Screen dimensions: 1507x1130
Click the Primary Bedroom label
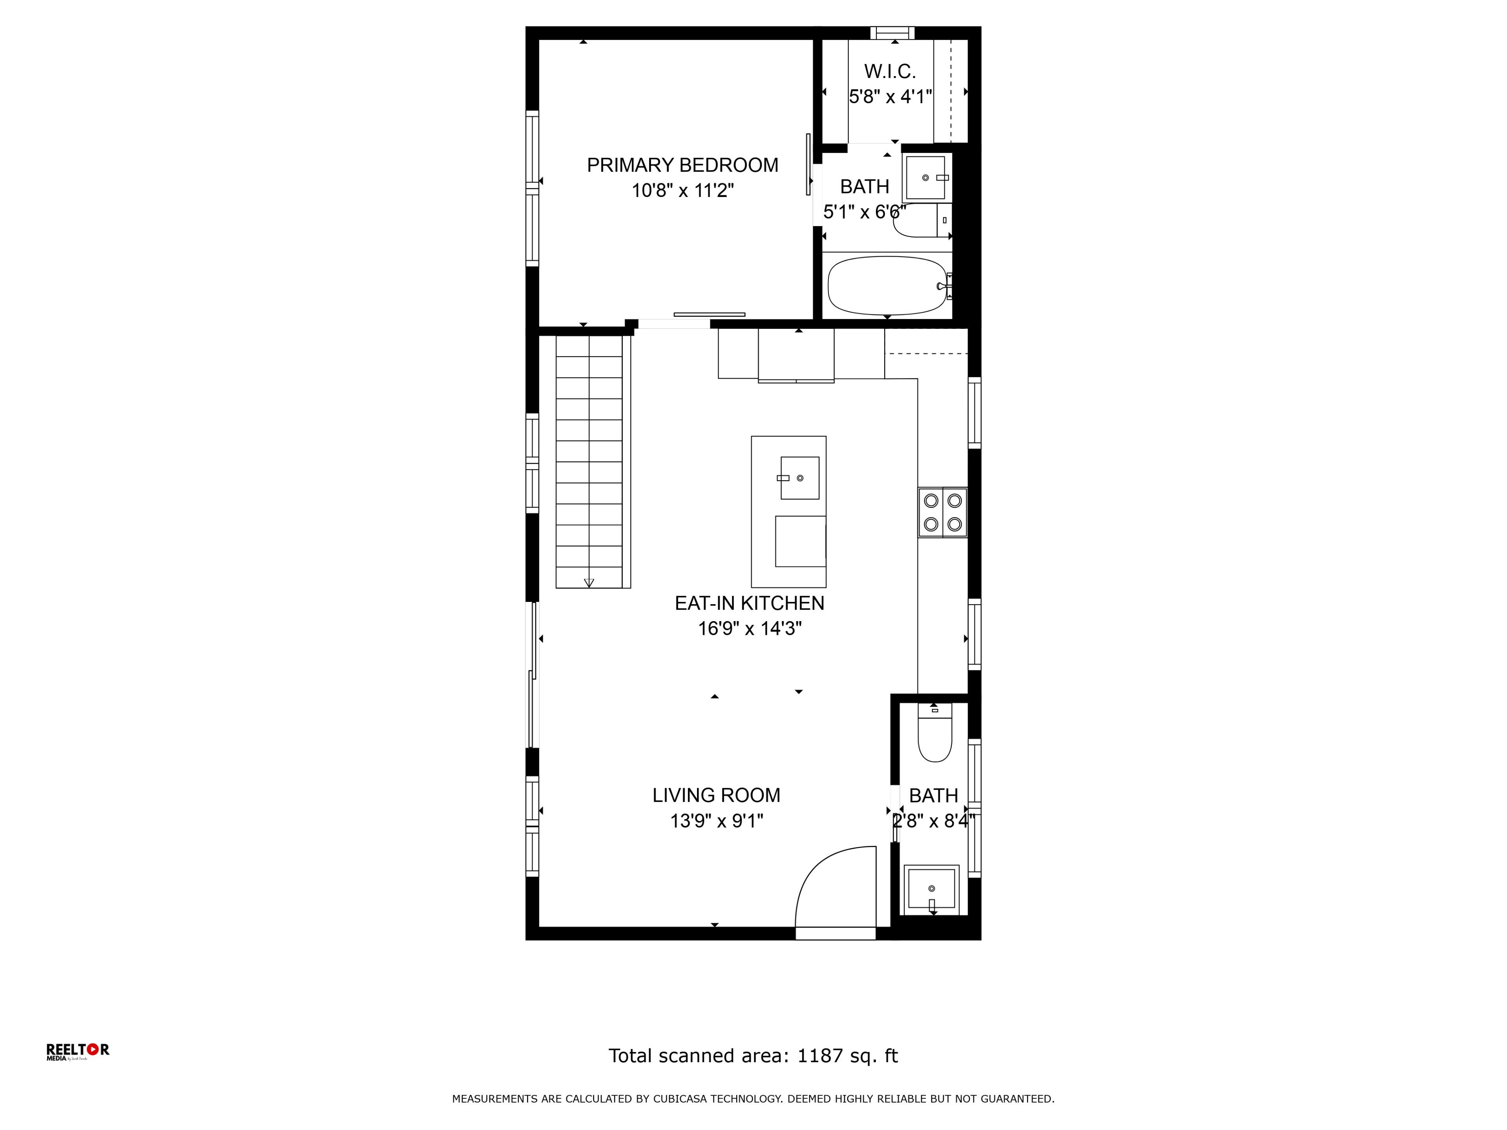pos(682,166)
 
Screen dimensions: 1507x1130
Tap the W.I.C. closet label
pos(890,71)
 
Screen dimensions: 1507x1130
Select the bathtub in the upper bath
pos(887,285)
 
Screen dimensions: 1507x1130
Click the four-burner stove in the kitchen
pos(942,512)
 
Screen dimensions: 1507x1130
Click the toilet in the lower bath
pos(935,734)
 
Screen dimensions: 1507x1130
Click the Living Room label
pos(716,796)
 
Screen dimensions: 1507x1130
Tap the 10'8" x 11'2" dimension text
pos(682,191)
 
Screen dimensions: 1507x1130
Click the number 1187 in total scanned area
pos(820,1056)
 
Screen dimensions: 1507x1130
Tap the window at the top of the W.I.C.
pos(892,33)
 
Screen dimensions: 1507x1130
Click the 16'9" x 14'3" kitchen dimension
pos(750,629)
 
